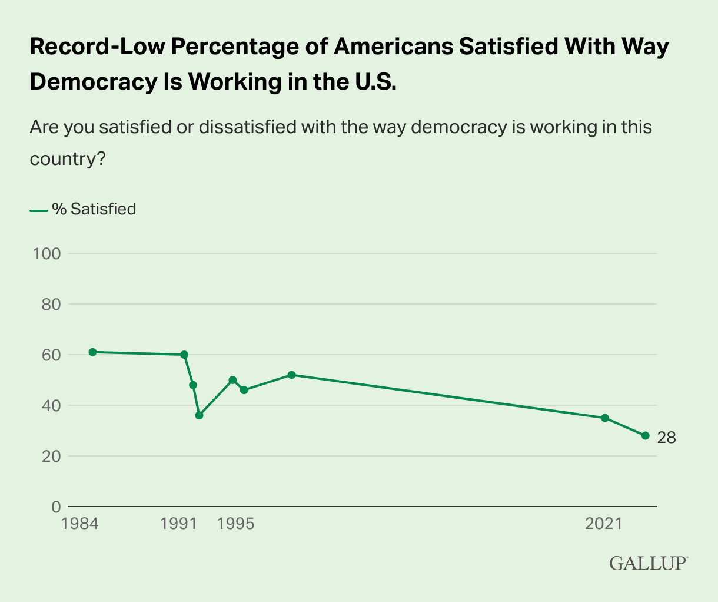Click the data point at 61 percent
[92, 352]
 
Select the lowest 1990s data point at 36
[199, 415]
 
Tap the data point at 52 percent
[291, 375]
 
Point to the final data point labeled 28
[645, 436]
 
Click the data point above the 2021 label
[604, 418]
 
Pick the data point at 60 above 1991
[184, 355]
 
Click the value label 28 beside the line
[666, 438]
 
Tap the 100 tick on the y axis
[48, 254]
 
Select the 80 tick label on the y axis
[51, 305]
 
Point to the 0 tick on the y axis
[56, 507]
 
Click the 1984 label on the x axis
[79, 524]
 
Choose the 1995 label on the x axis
[236, 524]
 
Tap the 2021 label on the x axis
[604, 524]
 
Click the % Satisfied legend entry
[94, 209]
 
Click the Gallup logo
[648, 563]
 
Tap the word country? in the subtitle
[67, 159]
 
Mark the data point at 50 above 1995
[232, 380]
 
